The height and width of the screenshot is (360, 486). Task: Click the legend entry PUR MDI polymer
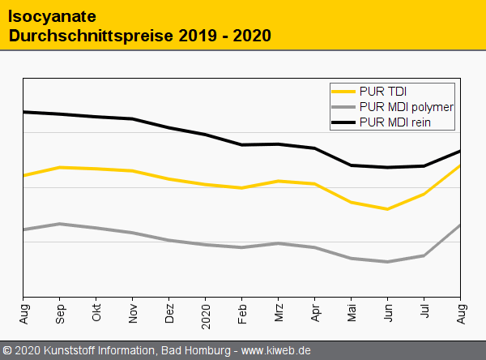tap(406, 107)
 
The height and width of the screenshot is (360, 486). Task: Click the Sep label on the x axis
tap(60, 312)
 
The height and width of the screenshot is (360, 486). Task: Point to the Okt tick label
tap(96, 312)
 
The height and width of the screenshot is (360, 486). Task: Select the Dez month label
tap(169, 312)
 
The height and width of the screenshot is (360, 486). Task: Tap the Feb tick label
tap(242, 312)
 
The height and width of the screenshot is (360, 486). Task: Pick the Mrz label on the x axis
tap(279, 312)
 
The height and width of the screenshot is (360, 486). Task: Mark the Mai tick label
tap(352, 312)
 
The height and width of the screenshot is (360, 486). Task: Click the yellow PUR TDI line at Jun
tap(388, 209)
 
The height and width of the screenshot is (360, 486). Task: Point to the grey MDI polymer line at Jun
tap(388, 262)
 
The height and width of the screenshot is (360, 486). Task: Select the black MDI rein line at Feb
tap(242, 145)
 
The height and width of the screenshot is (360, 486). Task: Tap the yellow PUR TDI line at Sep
tap(60, 167)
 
